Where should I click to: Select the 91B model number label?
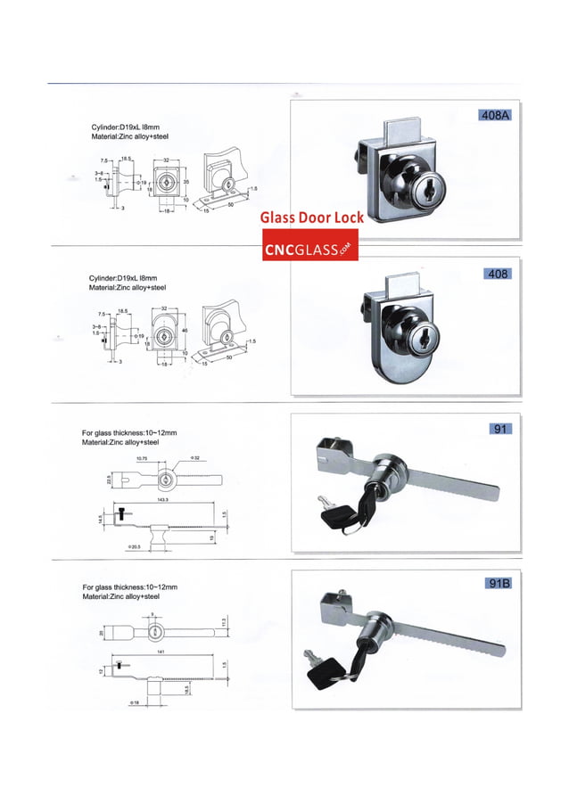(496, 584)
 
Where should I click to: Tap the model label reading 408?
(496, 274)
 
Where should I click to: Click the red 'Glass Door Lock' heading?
(311, 217)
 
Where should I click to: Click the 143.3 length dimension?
(163, 500)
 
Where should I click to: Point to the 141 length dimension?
(158, 652)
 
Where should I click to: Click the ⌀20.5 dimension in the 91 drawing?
(134, 546)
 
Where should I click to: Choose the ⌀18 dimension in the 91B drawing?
(134, 703)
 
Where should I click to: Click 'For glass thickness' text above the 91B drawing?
(130, 587)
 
